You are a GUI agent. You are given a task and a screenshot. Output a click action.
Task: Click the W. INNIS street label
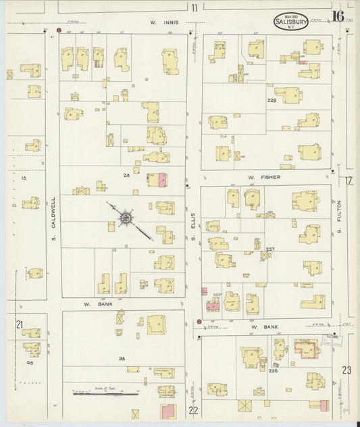tap(164, 23)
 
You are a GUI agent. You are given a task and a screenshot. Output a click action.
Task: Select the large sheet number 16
tap(337, 16)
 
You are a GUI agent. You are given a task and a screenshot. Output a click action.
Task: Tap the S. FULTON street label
tap(340, 216)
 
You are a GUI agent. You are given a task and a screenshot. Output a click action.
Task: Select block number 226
tap(272, 101)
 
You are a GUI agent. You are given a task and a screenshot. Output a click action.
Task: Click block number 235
tap(273, 370)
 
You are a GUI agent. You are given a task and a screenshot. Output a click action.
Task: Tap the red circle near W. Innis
tap(59, 30)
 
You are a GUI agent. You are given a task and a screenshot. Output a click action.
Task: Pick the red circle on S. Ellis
tap(199, 322)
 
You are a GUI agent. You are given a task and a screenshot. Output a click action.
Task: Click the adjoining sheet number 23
tap(346, 370)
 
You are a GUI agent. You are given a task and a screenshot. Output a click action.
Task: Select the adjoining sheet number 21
tap(20, 324)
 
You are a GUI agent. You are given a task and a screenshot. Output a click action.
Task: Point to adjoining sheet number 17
tap(348, 181)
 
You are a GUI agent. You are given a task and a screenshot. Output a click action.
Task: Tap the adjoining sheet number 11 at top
tap(195, 8)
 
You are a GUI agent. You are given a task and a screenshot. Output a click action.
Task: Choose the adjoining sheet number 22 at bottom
tap(195, 409)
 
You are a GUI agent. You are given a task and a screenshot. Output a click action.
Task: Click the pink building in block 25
tap(162, 180)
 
